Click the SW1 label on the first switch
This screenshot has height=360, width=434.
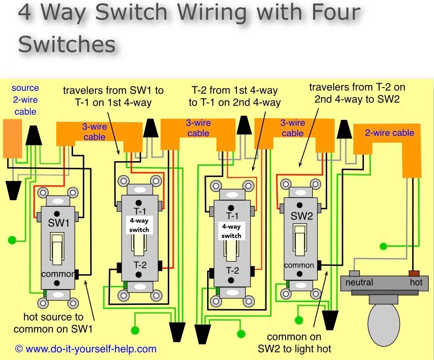(59, 223)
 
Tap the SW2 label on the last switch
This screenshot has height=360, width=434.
(301, 216)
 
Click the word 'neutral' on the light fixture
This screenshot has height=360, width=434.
(359, 282)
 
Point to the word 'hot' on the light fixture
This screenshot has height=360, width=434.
(416, 282)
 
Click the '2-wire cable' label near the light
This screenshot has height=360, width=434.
(389, 133)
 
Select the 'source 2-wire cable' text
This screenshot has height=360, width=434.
(25, 100)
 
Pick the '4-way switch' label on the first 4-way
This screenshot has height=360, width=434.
(139, 225)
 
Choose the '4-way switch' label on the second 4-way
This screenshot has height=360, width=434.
(231, 231)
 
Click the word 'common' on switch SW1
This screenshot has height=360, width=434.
(58, 274)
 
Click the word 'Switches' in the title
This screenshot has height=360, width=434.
(67, 44)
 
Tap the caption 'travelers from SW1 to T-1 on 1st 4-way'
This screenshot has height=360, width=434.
(113, 97)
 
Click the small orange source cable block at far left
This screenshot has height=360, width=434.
(12, 138)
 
